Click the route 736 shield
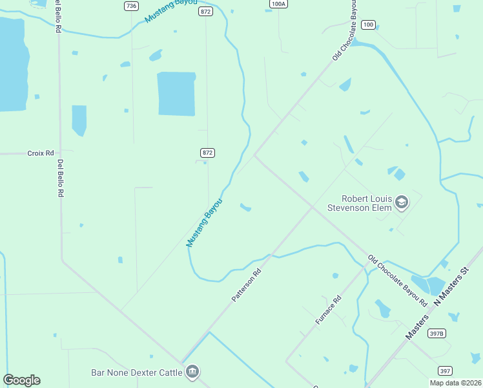coord(132,6)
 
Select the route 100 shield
coord(368,25)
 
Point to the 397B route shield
coord(437,334)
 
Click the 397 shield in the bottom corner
coord(445,371)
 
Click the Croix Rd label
coord(39,153)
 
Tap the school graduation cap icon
coord(402,203)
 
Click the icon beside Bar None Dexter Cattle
coord(192,371)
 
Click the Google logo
coord(21,380)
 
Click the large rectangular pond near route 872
coord(176,94)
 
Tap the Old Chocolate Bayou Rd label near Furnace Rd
coord(398,281)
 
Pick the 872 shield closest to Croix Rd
coord(207,153)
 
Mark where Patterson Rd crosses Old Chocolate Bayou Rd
coord(313,207)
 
